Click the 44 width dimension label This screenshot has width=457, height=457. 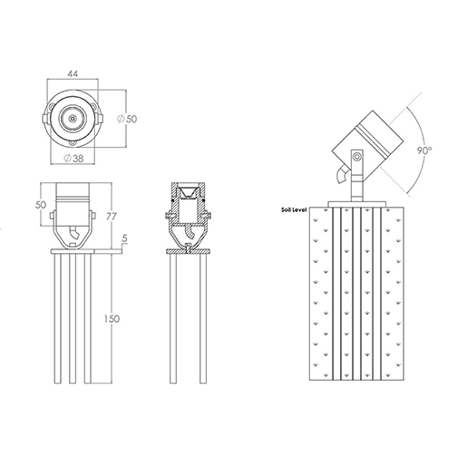click(73, 73)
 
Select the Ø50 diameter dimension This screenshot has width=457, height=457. click(127, 119)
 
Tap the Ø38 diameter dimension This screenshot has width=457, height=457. click(73, 158)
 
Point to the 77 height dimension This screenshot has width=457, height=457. click(112, 217)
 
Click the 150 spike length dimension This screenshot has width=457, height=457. click(112, 318)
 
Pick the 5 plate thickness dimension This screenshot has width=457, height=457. click(125, 238)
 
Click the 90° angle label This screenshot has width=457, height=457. click(424, 151)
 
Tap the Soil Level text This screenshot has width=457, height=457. click(294, 209)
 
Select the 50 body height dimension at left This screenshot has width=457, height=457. click(41, 205)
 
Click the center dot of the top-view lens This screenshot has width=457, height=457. click(73, 119)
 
